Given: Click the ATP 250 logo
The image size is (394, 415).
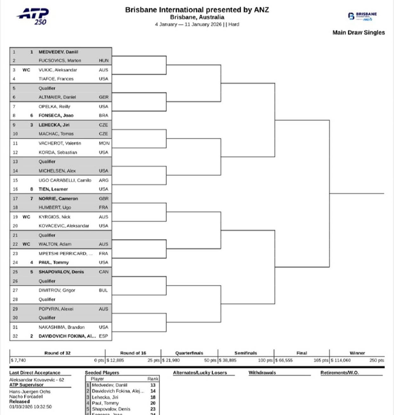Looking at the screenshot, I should (33, 16).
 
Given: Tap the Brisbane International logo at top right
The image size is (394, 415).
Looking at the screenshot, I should (362, 16).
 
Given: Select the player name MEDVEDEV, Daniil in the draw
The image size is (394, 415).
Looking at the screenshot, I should (58, 52).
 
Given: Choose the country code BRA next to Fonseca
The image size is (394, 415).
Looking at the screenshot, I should (103, 115).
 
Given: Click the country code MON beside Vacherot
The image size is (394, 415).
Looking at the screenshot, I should (104, 143).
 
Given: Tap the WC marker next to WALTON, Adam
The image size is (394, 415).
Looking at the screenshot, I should (26, 244).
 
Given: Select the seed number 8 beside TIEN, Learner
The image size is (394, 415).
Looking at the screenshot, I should (31, 189).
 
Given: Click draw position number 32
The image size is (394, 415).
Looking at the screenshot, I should (15, 336).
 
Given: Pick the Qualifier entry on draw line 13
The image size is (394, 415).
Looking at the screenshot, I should (47, 161).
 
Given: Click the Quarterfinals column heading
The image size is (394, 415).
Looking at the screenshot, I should (189, 353).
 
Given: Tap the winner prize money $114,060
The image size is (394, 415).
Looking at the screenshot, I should (341, 360).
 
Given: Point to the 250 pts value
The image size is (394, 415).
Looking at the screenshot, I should (377, 360).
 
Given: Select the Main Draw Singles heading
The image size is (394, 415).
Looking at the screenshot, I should (358, 32).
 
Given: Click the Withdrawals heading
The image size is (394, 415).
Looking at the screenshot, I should (262, 373).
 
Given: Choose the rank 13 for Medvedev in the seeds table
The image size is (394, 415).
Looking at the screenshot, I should (153, 385).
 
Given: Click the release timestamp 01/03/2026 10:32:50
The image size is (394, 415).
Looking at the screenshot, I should (30, 407).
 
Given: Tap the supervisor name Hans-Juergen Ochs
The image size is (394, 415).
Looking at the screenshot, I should (30, 392).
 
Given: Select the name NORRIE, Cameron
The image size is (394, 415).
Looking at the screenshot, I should (58, 199).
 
